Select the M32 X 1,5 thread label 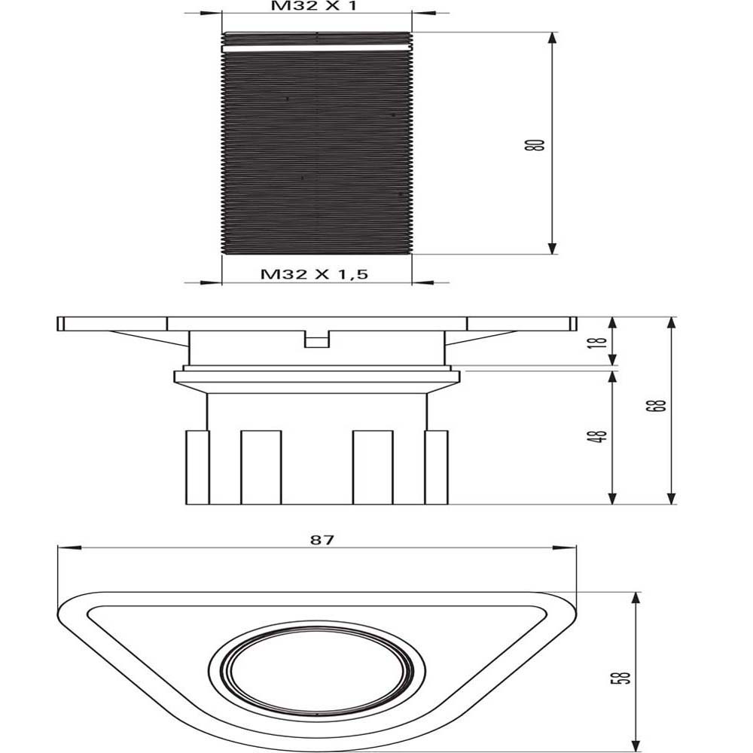click(314, 274)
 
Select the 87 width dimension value click(322, 540)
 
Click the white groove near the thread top click(317, 48)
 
